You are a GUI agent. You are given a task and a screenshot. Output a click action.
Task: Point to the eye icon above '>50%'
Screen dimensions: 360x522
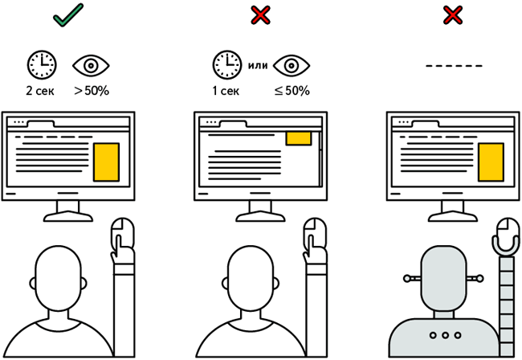pyautogui.click(x=88, y=63)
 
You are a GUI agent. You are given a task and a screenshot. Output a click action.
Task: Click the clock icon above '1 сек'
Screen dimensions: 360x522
pyautogui.click(x=226, y=63)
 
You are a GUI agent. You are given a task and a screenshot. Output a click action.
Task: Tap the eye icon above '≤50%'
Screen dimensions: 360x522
pyautogui.click(x=291, y=63)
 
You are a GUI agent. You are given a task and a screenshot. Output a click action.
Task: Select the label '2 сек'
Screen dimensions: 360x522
pyautogui.click(x=40, y=91)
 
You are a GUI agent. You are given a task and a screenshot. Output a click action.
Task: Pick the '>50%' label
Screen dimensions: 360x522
pyautogui.click(x=90, y=91)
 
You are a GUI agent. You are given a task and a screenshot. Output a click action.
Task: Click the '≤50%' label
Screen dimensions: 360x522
pyautogui.click(x=292, y=91)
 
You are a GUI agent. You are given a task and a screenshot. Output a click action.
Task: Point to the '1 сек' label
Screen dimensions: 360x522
pyautogui.click(x=226, y=91)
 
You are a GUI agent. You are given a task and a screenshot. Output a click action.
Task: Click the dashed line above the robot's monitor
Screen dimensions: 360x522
pyautogui.click(x=454, y=65)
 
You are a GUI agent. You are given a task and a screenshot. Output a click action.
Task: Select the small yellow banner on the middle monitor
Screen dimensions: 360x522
pyautogui.click(x=299, y=138)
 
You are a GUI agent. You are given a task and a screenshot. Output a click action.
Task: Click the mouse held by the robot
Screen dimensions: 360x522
pyautogui.click(x=507, y=234)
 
